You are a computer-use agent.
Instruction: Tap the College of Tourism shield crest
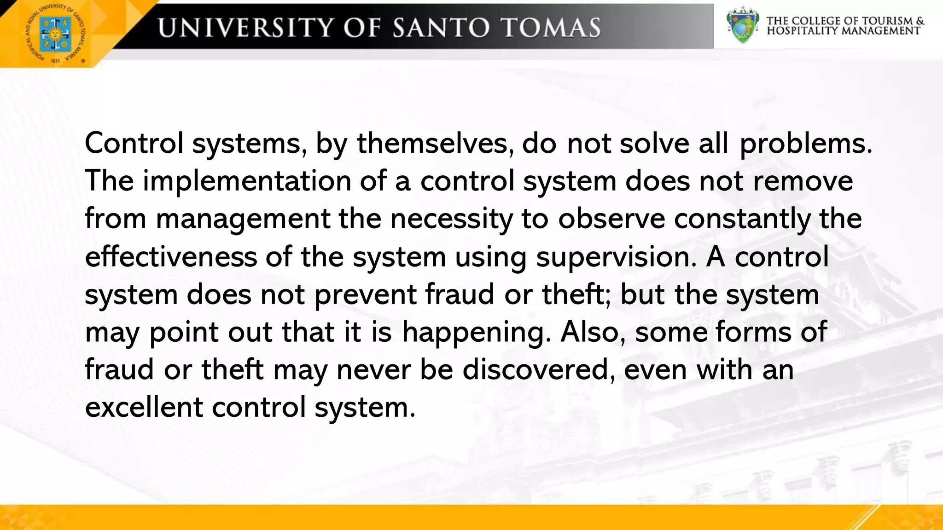pos(742,25)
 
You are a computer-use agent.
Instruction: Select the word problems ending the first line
pos(806,144)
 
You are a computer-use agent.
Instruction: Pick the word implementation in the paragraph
pos(247,181)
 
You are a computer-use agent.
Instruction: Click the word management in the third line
pos(243,219)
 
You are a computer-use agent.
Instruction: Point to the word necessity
pos(451,219)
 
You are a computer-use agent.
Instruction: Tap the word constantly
pos(742,219)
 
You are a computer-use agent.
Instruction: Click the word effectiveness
pos(171,256)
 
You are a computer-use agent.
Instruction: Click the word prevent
pos(365,294)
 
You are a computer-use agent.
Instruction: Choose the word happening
pos(476,333)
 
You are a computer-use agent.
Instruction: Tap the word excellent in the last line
pos(144,407)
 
